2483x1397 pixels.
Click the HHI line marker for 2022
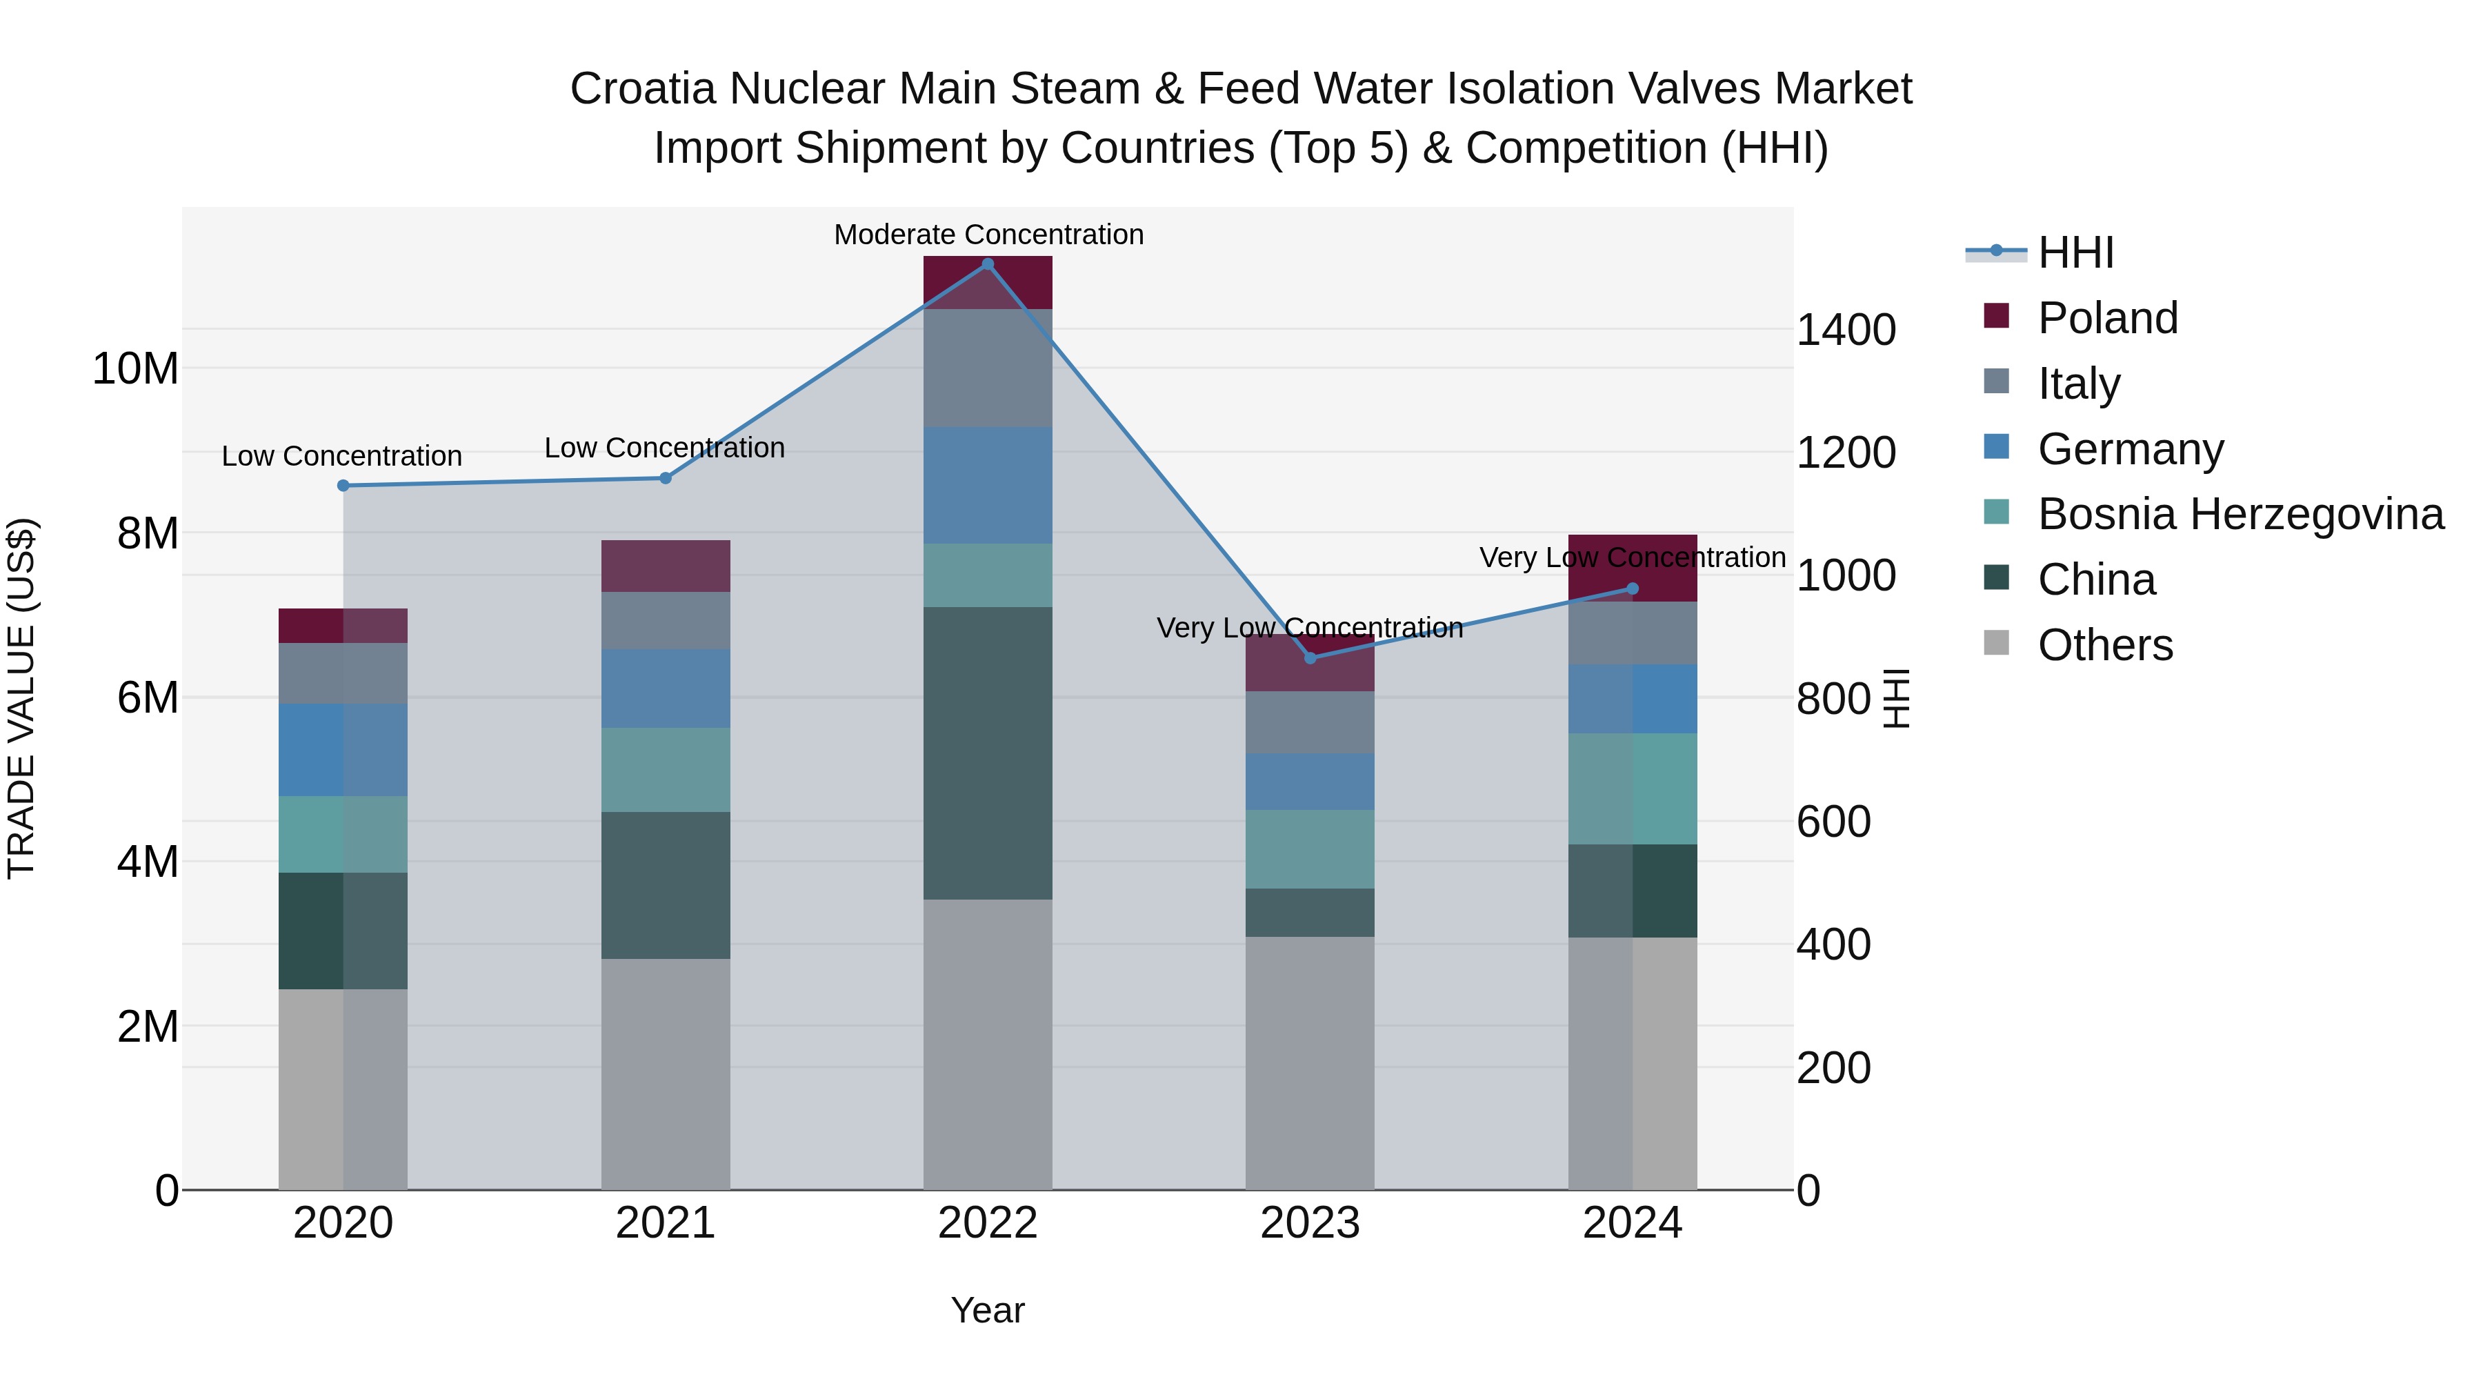point(987,264)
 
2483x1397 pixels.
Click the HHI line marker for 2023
point(1310,659)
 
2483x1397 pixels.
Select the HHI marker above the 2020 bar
point(343,486)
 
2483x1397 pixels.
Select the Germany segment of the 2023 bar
point(1310,782)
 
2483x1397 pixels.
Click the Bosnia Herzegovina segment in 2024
point(1632,789)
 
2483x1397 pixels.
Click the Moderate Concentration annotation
point(988,235)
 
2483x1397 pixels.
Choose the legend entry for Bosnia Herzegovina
point(2240,514)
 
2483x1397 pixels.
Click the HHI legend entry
point(2075,252)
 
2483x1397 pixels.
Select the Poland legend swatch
point(1996,316)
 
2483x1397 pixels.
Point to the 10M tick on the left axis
point(135,368)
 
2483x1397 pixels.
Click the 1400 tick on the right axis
point(1845,330)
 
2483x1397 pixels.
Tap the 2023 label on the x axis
point(1310,1223)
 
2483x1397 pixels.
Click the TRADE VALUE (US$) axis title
point(21,698)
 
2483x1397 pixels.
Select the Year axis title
point(987,1310)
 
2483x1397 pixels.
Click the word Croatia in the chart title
point(642,89)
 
